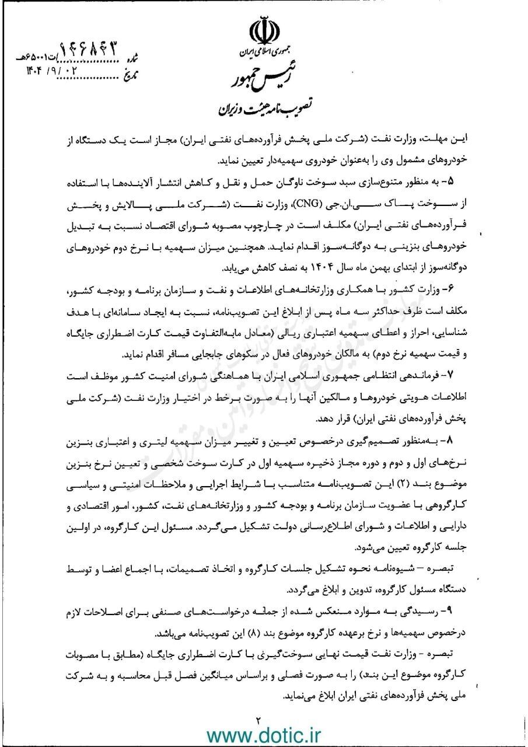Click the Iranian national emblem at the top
tap(264, 32)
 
